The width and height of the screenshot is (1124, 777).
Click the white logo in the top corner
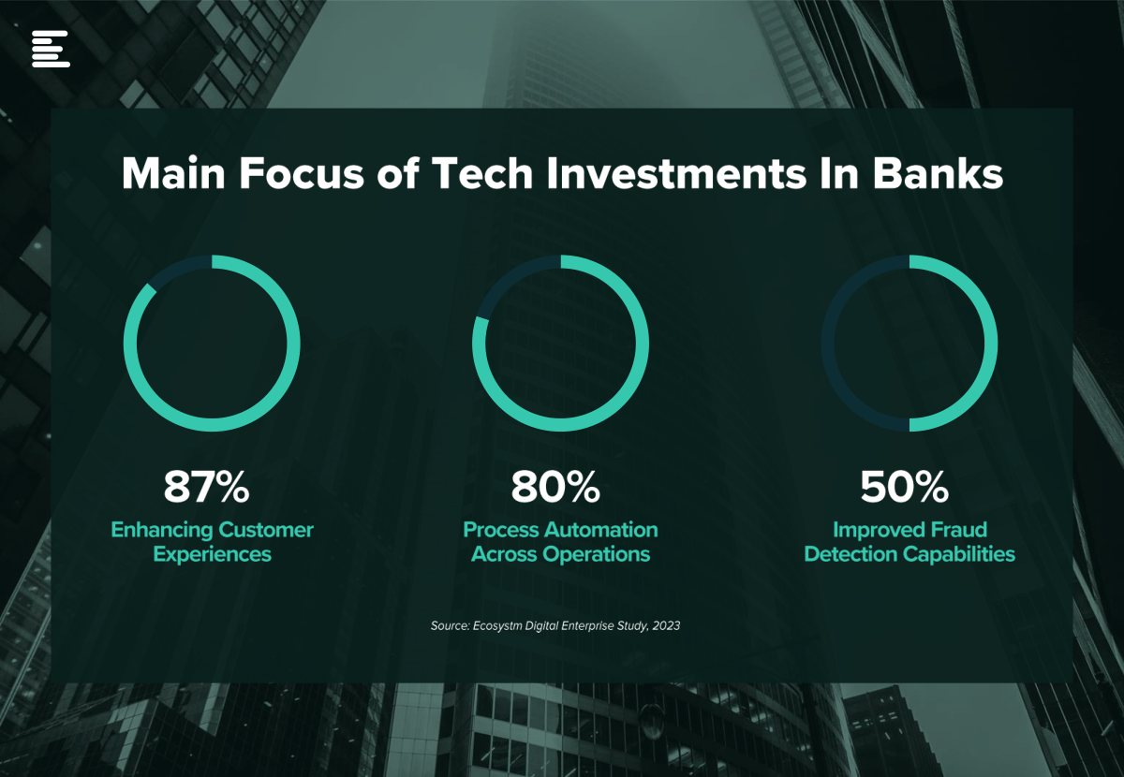pyautogui.click(x=51, y=49)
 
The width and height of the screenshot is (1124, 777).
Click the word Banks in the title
pyautogui.click(x=938, y=173)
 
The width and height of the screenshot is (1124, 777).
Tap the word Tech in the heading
pyautogui.click(x=482, y=173)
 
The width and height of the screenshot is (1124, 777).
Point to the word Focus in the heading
pyautogui.click(x=301, y=173)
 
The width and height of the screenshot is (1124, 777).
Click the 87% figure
pyautogui.click(x=206, y=487)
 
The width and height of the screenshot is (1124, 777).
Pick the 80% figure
pyautogui.click(x=555, y=487)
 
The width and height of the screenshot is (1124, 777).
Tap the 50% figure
pyautogui.click(x=904, y=487)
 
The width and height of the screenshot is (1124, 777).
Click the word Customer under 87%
pyautogui.click(x=266, y=530)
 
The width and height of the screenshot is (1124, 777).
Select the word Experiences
pyautogui.click(x=213, y=555)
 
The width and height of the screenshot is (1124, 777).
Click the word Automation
pyautogui.click(x=601, y=530)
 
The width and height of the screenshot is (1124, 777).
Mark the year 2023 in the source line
pyautogui.click(x=666, y=625)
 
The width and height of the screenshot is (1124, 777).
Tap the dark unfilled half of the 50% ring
pyautogui.click(x=828, y=344)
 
